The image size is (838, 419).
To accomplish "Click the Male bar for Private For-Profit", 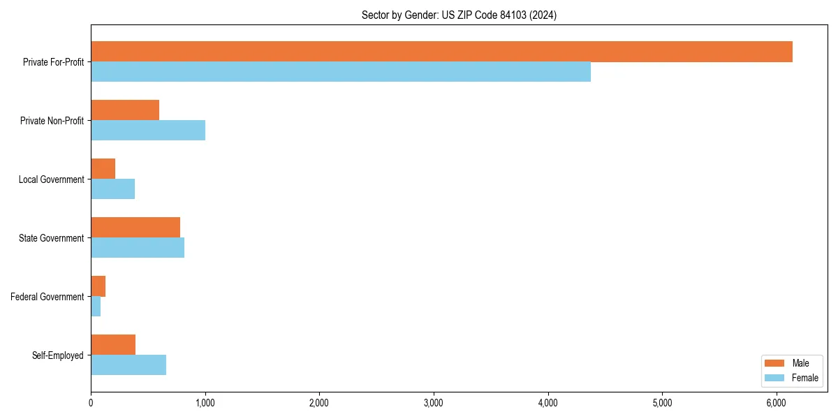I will coord(441,52).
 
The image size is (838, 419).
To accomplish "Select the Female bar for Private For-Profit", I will coord(341,72).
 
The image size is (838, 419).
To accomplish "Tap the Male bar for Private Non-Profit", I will coord(125,110).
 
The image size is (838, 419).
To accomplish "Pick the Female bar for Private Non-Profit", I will coord(148,131).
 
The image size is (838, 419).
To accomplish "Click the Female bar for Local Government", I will coord(112,189).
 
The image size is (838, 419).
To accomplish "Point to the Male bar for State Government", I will coord(135,228).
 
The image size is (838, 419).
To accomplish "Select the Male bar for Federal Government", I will coord(98,286).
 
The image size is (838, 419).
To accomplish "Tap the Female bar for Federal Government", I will coord(96,307).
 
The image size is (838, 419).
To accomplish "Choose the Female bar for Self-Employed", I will coord(128,365).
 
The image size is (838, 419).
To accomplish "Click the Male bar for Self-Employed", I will coord(113,345).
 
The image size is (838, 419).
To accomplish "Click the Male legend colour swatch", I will coord(775,363).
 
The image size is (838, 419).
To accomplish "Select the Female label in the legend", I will coord(805,378).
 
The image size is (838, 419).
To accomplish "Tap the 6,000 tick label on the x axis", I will coord(777,403).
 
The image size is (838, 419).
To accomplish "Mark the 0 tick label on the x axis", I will coord(91,403).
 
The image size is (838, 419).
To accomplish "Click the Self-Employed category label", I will coord(58,355).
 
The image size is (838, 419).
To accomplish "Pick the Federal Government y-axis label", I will coord(47,297).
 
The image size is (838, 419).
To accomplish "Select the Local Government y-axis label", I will coord(52,179).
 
